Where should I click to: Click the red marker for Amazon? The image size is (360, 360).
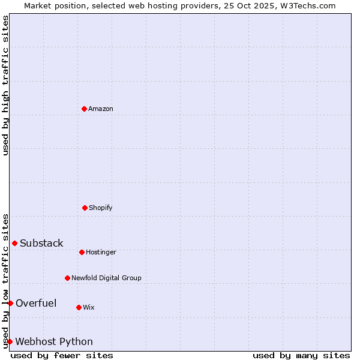pos(84,109)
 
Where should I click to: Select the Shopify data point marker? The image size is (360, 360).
pos(85,208)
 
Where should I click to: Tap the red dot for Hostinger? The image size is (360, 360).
pos(82,252)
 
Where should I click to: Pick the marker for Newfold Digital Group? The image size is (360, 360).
pos(67,278)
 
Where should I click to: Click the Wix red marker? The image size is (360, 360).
pos(79,307)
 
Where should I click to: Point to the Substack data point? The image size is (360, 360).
pos(14,243)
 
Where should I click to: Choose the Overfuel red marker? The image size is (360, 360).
pos(10,303)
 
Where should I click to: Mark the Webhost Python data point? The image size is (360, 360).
pos(10,341)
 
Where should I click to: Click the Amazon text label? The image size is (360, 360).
pos(101,109)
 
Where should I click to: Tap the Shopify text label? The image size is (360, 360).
pos(101,208)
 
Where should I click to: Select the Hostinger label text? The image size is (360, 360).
pos(101,252)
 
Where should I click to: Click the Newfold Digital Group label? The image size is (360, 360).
pos(106,278)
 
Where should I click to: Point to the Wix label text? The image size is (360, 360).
pos(89,307)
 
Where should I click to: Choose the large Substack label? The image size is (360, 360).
pos(41,243)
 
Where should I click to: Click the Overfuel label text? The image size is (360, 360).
pos(36,303)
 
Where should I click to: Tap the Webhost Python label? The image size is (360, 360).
pos(54,341)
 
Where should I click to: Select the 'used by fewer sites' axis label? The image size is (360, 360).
pos(62,355)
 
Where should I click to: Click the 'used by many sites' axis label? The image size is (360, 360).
pos(301,355)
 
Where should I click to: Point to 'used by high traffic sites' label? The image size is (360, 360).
pos(5,85)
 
